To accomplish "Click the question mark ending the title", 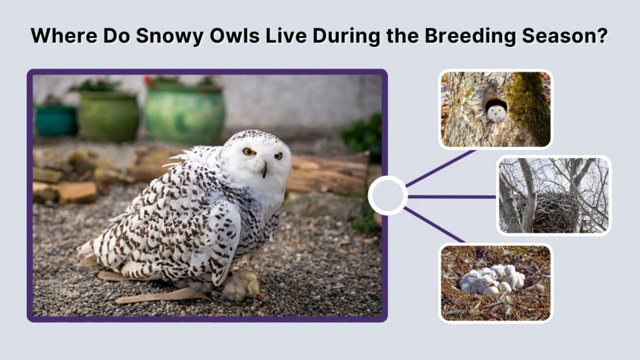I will coord(602,36).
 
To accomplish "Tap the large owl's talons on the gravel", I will coord(241,286).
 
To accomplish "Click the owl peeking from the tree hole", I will coord(496,112).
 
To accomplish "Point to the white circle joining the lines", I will coord(387,196).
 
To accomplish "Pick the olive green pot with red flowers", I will coord(107,115).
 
